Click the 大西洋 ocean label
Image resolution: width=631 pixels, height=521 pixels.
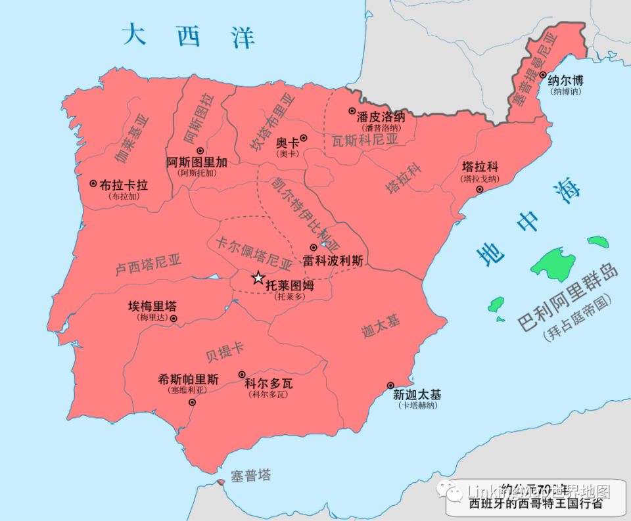[x=189, y=35]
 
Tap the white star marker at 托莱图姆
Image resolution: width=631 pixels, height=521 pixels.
[x=258, y=279]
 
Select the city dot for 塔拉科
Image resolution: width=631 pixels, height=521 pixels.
[x=480, y=189]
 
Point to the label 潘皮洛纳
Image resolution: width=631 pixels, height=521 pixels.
[x=381, y=117]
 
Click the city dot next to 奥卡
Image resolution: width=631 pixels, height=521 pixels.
[x=304, y=139]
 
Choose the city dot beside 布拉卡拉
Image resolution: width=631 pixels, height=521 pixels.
[x=93, y=184]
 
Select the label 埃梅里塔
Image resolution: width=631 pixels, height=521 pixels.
[x=152, y=306]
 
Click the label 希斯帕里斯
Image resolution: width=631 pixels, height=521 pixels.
[x=189, y=378]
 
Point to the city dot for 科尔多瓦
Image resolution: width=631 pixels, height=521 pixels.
[x=242, y=373]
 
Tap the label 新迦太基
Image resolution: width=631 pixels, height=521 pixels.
[x=417, y=395]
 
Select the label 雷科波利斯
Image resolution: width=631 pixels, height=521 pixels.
[x=333, y=260]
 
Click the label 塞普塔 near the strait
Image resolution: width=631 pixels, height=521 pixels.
[x=250, y=476]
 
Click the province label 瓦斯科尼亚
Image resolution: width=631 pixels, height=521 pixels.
[x=365, y=140]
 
